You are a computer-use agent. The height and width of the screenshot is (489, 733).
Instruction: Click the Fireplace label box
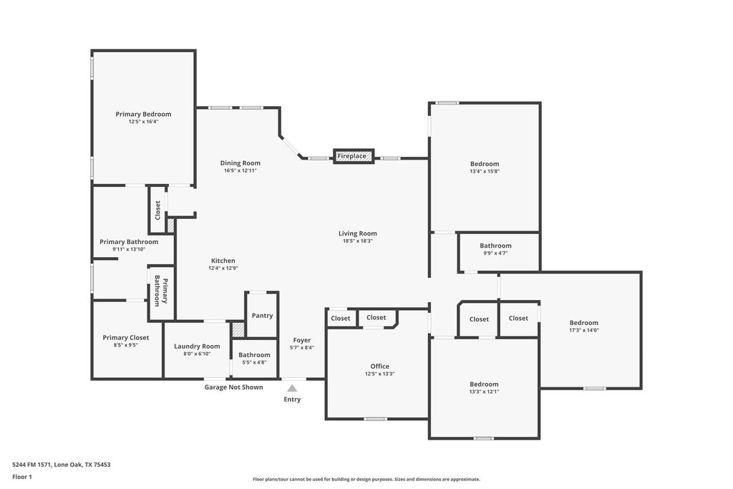click(x=354, y=155)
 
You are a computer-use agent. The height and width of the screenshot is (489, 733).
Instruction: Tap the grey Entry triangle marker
click(x=292, y=388)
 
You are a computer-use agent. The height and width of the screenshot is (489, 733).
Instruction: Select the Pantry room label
click(x=262, y=316)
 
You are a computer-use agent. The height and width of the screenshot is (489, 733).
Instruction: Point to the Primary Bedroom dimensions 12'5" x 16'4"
click(x=144, y=122)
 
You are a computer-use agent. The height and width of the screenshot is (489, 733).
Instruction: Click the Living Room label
click(x=358, y=233)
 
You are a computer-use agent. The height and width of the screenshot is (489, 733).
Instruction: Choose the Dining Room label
click(x=241, y=163)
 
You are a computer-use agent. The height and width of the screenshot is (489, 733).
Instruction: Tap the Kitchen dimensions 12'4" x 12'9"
click(x=223, y=268)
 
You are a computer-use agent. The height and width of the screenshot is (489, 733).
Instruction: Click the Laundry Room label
click(x=197, y=347)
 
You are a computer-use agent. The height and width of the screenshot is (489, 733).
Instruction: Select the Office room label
click(x=379, y=367)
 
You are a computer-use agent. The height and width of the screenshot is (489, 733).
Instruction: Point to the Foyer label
click(x=302, y=340)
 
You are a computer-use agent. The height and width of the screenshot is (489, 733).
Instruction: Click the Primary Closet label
click(x=126, y=337)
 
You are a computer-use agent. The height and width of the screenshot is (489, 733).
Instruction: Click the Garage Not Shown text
click(x=234, y=387)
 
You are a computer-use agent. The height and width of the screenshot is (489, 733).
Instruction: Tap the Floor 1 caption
click(x=22, y=477)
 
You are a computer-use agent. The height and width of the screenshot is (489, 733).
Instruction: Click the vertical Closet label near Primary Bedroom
click(x=157, y=210)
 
